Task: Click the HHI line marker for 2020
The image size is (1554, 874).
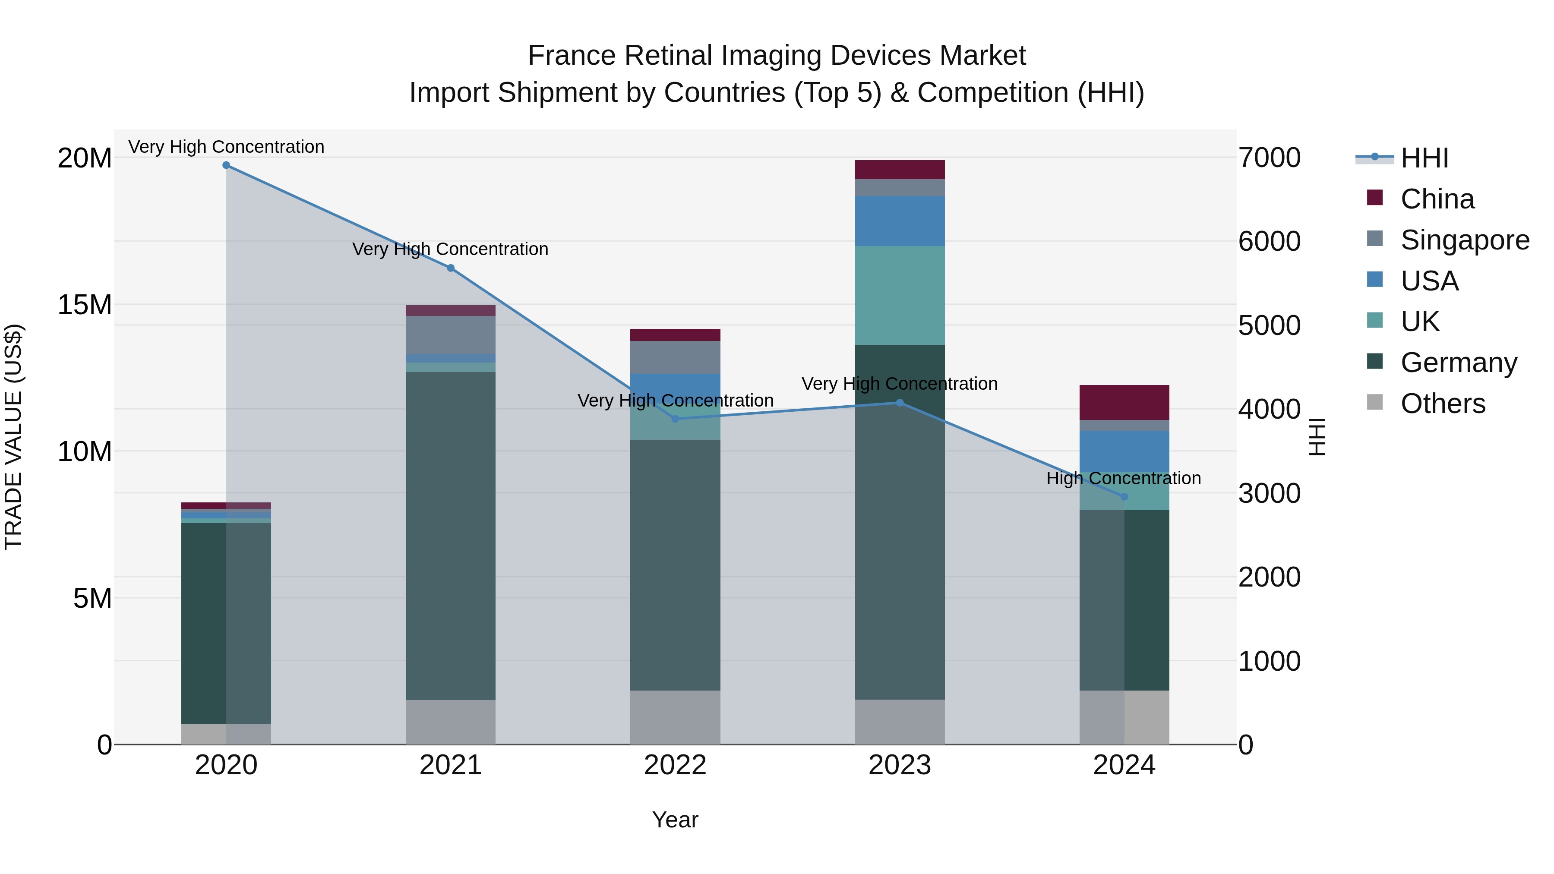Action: point(226,165)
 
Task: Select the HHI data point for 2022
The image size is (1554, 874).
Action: point(675,419)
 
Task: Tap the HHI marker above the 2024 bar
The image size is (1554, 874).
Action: point(1124,496)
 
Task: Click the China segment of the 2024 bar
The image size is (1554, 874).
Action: point(1124,402)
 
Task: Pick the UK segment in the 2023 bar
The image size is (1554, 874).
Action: point(900,296)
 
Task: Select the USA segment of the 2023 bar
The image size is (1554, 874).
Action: point(900,221)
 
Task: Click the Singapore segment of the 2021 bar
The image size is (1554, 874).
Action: point(451,335)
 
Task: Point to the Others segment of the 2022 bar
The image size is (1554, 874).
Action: point(675,717)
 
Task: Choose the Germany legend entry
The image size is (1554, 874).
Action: point(1458,363)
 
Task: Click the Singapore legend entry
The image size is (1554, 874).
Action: point(1464,240)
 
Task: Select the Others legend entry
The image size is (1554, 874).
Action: point(1442,404)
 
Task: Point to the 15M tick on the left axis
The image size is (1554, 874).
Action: point(85,305)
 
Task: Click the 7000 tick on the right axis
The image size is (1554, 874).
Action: point(1269,158)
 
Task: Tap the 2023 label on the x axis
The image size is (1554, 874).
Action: point(900,765)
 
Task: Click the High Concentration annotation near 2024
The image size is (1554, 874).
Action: point(1123,478)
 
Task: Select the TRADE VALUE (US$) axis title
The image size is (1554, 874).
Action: point(13,437)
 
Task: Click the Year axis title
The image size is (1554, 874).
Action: point(675,820)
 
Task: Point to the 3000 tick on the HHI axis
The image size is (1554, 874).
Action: point(1269,493)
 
